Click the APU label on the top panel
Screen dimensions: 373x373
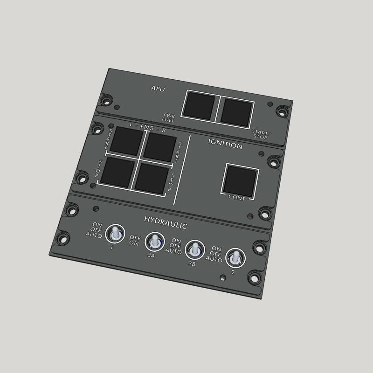tap(158, 88)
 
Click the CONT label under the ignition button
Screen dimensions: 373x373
tap(236, 197)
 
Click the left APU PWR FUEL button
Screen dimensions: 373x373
tap(198, 105)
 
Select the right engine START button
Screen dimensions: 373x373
tap(159, 148)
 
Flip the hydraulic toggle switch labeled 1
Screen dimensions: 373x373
tap(114, 234)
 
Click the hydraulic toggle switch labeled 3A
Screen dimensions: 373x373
tap(153, 242)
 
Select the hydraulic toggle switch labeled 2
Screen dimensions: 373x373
tap(234, 257)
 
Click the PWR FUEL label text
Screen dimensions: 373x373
tap(169, 117)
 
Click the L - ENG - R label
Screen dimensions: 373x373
tap(147, 127)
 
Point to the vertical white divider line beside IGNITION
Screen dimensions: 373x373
tap(182, 170)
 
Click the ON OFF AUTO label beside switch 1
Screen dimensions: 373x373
tap(94, 230)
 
